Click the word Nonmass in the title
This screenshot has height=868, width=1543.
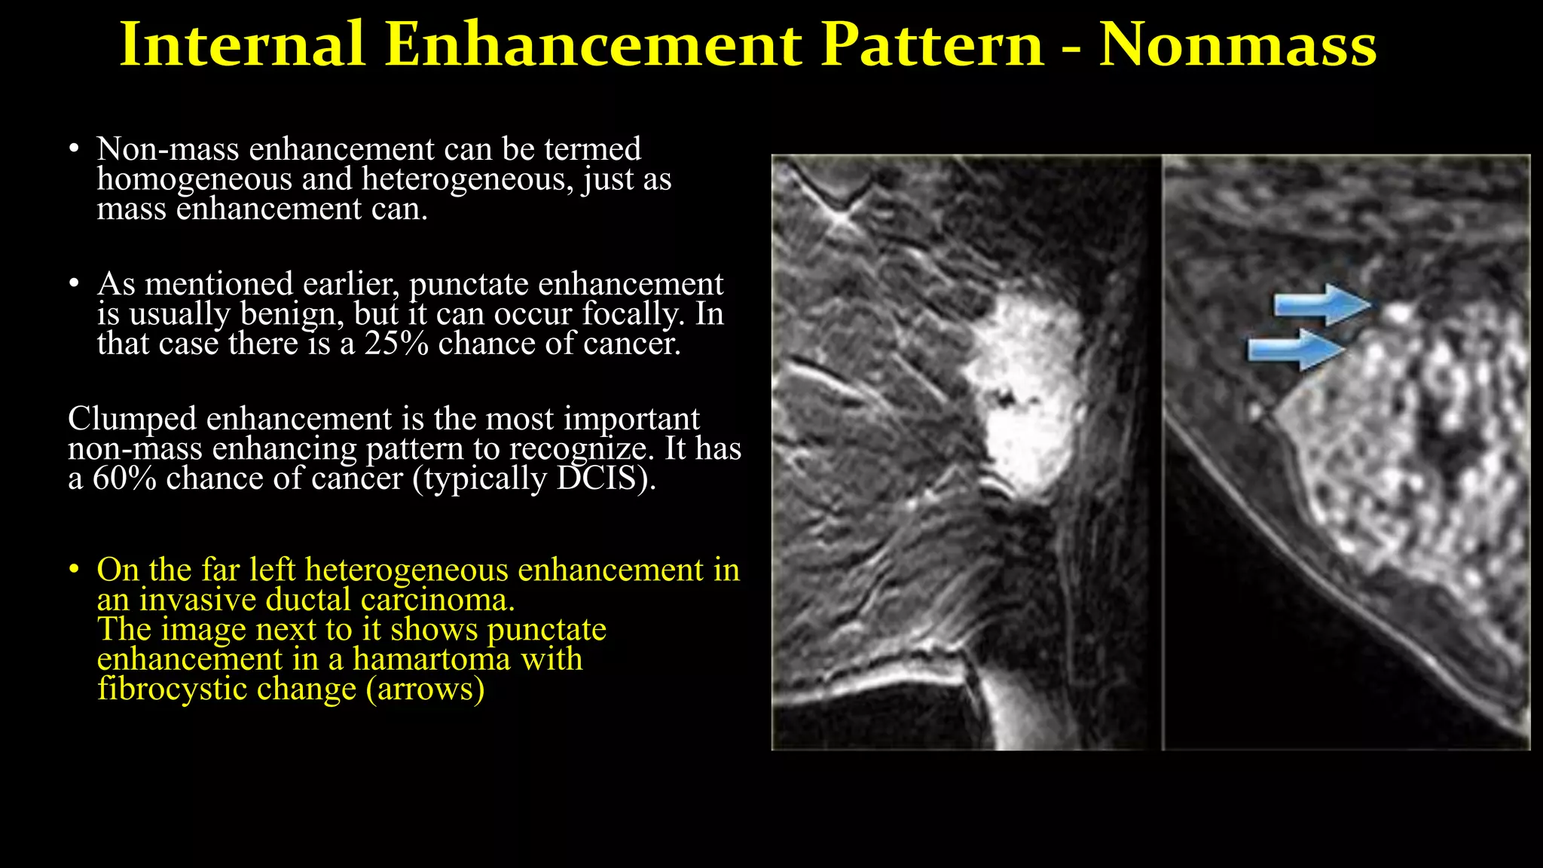click(x=1237, y=45)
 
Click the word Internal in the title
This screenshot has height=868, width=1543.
click(x=243, y=45)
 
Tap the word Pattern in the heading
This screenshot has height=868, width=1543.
click(x=932, y=45)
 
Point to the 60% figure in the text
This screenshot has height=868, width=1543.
click(x=124, y=478)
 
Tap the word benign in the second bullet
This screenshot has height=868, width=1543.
click(x=289, y=314)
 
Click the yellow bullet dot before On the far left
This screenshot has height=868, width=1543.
click(x=73, y=570)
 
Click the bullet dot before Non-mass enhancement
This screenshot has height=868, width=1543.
click(x=73, y=149)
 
